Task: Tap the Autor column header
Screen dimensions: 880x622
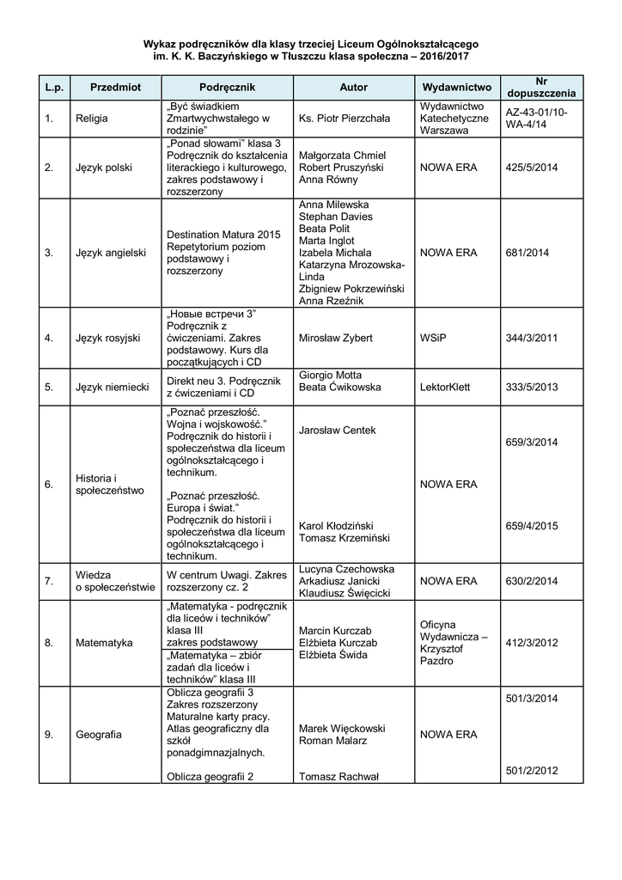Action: [x=353, y=88]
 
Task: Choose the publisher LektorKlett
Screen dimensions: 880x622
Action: [x=445, y=387]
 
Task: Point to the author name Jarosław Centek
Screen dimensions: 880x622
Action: [x=338, y=430]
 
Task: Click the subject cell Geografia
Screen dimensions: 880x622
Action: [x=99, y=735]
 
